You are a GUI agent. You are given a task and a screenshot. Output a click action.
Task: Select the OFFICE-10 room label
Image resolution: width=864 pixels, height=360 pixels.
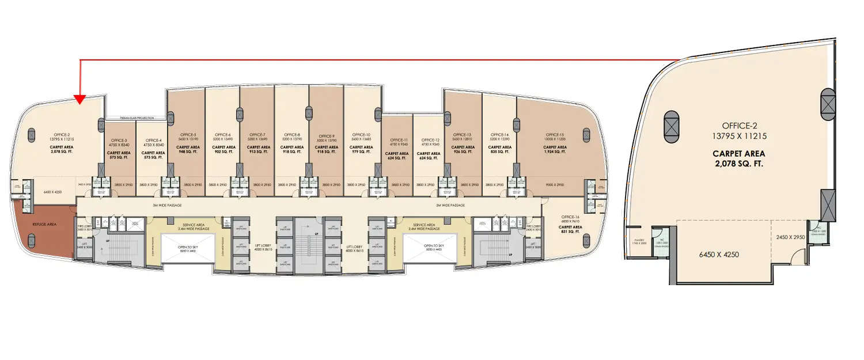tap(361, 134)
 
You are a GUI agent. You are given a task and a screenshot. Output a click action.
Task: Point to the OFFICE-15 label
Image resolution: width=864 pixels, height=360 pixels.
tap(555, 134)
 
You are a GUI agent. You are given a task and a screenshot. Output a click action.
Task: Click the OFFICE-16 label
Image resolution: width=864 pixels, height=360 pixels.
tap(570, 217)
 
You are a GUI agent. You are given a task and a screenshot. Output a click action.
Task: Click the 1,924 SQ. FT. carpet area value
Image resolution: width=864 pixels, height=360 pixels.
tap(555, 152)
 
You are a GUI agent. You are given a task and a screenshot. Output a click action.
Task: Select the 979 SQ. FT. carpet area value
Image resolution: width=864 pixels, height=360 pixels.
tap(361, 152)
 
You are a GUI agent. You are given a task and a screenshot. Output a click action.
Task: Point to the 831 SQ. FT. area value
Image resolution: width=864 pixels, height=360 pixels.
tap(570, 232)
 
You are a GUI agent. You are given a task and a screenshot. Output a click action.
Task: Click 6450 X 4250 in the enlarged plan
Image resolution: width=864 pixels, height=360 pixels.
tap(719, 254)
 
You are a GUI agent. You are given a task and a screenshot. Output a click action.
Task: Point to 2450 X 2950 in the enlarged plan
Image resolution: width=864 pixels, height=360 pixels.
tap(789, 237)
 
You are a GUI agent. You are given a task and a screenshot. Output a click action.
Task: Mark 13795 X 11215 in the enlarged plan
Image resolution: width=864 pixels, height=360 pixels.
tap(739, 136)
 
